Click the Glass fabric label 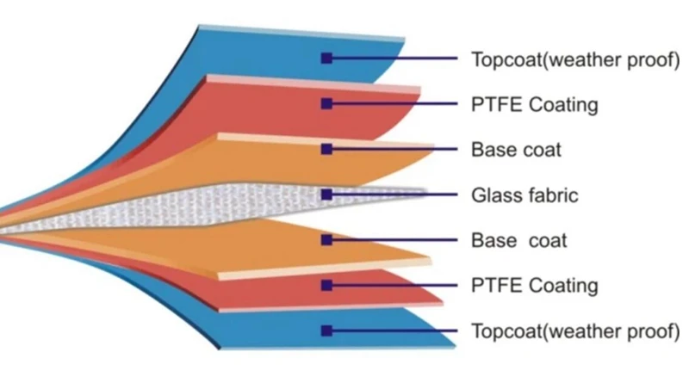(x=525, y=195)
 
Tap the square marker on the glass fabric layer (x=326, y=195)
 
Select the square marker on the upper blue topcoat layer (x=326, y=59)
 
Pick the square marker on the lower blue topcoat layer (x=326, y=330)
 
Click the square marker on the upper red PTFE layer (x=326, y=104)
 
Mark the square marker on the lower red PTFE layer (x=326, y=285)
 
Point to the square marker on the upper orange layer (x=326, y=149)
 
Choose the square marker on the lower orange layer (x=326, y=240)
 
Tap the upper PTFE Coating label (x=534, y=105)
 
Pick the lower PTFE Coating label (x=534, y=285)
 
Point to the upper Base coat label (x=516, y=150)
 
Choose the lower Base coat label (x=518, y=240)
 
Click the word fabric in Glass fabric (x=552, y=195)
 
